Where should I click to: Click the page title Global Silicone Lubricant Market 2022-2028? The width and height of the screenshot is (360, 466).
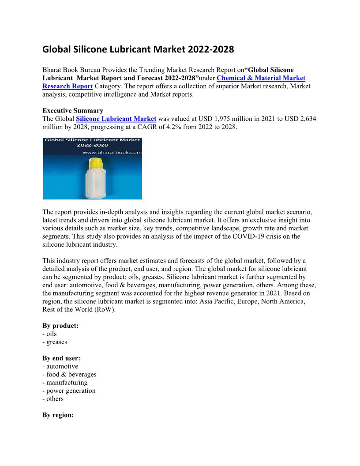pyautogui.click(x=138, y=49)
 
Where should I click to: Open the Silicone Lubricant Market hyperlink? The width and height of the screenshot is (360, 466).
pyautogui.click(x=116, y=119)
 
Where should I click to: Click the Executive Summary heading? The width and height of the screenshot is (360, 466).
pyautogui.click(x=73, y=111)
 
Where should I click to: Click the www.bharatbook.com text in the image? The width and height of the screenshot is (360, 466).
pyautogui.click(x=112, y=152)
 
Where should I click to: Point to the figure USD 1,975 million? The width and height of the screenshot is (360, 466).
pyautogui.click(x=222, y=119)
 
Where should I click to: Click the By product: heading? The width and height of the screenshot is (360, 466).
pyautogui.click(x=60, y=326)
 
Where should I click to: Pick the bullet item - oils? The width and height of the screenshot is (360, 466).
pyautogui.click(x=49, y=334)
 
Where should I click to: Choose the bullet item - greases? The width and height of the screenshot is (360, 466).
pyautogui.click(x=55, y=342)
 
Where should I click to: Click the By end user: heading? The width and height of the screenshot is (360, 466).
pyautogui.click(x=61, y=358)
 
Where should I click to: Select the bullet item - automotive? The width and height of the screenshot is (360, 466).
pyautogui.click(x=60, y=366)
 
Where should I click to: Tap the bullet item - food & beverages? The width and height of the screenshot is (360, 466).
pyautogui.click(x=69, y=374)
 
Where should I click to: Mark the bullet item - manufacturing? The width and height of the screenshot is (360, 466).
pyautogui.click(x=65, y=383)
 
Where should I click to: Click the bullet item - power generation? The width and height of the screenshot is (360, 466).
pyautogui.click(x=69, y=391)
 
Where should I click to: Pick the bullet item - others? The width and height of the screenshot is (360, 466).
pyautogui.click(x=53, y=398)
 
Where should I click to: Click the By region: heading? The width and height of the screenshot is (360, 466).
pyautogui.click(x=58, y=415)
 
